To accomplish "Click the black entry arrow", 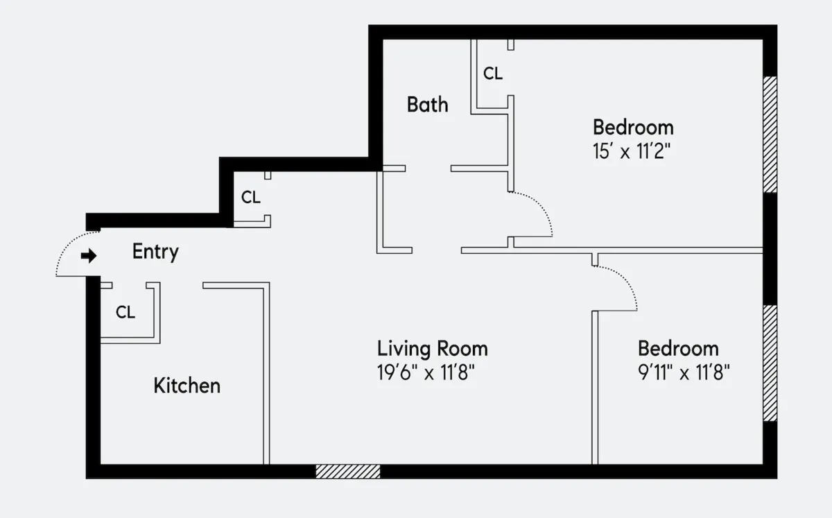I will pos(89,257).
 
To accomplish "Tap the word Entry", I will pos(155,252).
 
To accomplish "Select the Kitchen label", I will pos(187,386).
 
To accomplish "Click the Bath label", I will pos(427,105).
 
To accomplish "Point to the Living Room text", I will pos(432,348).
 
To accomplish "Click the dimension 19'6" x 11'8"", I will pos(425,373).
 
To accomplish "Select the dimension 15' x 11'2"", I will pos(632,152).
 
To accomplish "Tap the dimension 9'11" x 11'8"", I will pos(684,373).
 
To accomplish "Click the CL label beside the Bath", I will pos(493,74).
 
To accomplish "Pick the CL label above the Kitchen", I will pos(125,313).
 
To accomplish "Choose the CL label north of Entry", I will pos(251,198).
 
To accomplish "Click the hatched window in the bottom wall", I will pos(348,472).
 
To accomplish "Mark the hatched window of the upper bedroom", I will pos(770,134).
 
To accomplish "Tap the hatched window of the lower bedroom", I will pos(770,363).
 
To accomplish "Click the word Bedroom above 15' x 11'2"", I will pos(632,128).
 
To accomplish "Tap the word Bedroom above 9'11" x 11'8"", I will pos(677,348).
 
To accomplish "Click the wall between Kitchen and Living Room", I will pos(266,374).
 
